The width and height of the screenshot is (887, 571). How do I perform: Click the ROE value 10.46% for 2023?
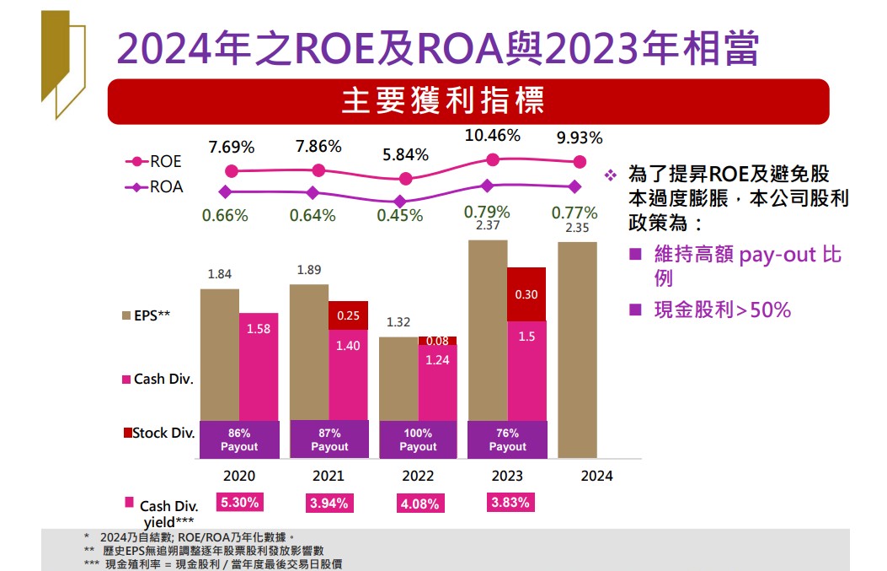[x=494, y=135]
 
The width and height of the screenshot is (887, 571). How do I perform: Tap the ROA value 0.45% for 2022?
[x=400, y=216]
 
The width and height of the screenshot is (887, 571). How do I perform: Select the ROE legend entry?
[x=154, y=161]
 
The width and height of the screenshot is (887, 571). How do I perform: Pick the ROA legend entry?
[x=154, y=187]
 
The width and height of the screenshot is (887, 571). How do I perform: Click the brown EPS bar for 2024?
[x=578, y=349]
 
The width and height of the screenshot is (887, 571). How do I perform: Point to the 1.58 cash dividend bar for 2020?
[x=259, y=366]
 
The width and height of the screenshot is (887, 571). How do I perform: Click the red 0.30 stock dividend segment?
[x=526, y=294]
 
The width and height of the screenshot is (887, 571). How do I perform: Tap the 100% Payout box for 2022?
[x=418, y=439]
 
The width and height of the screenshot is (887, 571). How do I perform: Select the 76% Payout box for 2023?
[x=507, y=439]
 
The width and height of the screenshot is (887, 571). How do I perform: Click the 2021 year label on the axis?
[x=329, y=476]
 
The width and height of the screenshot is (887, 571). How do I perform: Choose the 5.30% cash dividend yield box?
[x=240, y=503]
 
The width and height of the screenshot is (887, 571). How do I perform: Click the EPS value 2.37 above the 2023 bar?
[x=488, y=226]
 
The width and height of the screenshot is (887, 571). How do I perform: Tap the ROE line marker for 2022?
[x=406, y=178]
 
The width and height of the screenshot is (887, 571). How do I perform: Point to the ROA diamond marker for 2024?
[x=574, y=186]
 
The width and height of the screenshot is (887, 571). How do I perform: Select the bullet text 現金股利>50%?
[x=722, y=310]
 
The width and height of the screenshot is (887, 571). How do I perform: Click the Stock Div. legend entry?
[x=159, y=434]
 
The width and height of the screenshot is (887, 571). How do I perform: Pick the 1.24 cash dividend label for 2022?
[x=437, y=359]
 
